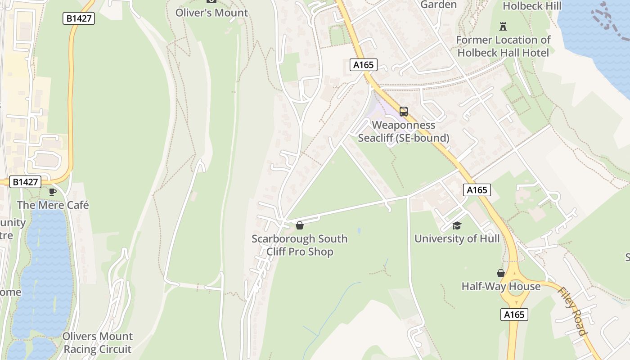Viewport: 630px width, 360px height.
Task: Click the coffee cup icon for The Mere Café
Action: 53,192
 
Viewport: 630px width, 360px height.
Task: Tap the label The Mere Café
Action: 53,205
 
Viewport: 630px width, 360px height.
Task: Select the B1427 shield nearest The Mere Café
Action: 25,182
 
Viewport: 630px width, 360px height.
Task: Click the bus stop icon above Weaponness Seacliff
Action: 404,112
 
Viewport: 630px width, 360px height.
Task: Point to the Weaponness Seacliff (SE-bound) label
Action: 403,131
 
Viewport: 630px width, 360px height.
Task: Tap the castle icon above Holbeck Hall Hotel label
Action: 503,27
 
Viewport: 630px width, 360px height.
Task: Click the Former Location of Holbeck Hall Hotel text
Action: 503,46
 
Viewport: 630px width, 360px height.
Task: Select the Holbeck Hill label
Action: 532,6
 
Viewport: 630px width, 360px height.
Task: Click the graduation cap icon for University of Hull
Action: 457,225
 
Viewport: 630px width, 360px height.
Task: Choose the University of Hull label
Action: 457,238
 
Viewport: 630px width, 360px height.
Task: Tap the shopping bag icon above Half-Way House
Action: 500,273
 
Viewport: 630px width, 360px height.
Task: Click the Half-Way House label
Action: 501,286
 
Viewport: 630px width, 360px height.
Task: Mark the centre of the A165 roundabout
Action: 517,291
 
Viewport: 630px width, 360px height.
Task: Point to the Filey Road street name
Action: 572,311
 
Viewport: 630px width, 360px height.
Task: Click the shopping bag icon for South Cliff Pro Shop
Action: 300,225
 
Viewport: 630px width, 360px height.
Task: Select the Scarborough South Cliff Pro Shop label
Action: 300,245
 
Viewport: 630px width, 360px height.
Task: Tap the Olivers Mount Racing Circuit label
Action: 97,342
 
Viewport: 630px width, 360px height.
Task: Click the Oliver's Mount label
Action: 211,13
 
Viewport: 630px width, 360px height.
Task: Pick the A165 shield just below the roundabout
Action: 514,315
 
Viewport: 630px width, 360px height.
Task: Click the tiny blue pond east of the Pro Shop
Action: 359,230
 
